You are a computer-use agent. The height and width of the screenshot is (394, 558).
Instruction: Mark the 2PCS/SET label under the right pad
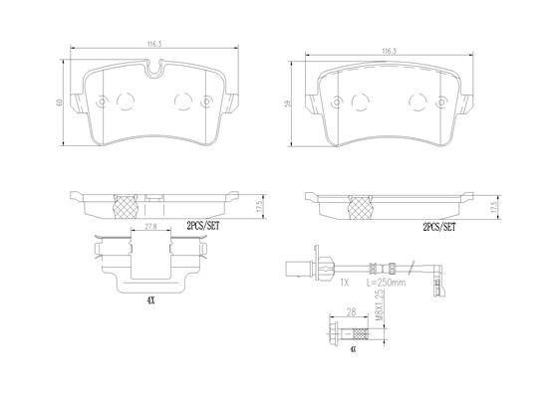point(437,229)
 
